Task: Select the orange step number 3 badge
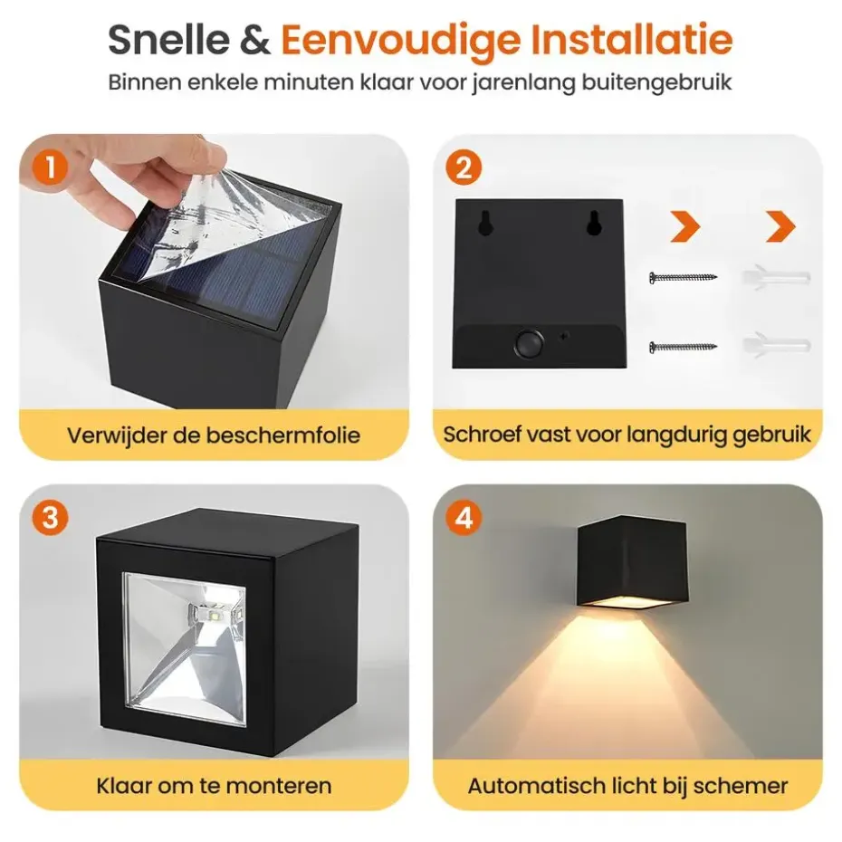[x=50, y=518]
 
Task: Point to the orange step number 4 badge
[x=464, y=518]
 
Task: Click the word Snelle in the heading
[x=169, y=39]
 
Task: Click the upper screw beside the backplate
[x=683, y=278]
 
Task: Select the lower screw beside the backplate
[x=683, y=347]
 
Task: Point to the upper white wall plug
[x=775, y=277]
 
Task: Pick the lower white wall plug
[x=775, y=345]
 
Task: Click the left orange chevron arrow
[x=685, y=226]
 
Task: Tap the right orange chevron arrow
[x=780, y=226]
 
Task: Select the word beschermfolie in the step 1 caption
[x=283, y=435]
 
